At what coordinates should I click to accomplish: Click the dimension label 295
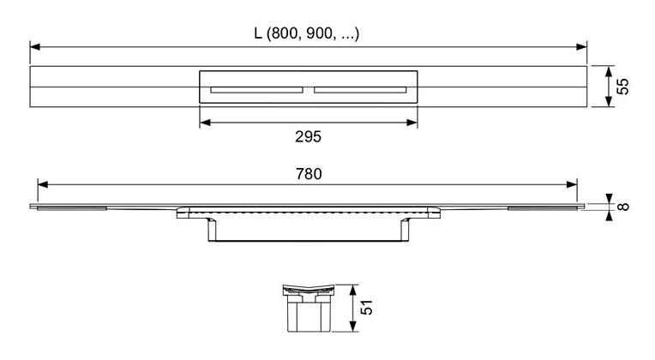pos(308,137)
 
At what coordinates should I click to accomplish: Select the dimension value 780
pos(309,174)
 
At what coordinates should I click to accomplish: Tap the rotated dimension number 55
pos(622,87)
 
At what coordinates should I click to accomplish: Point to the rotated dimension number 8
pos(622,207)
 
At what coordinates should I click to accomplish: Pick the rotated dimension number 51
pos(366,307)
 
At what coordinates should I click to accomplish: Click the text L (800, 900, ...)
pos(307,33)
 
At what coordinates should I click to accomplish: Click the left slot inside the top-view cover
pos(256,90)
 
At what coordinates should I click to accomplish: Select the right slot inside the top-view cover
pos(360,90)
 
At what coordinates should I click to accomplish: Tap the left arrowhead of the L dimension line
pos(35,47)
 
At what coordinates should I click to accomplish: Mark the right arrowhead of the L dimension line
pos(581,47)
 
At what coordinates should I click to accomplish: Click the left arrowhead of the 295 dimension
pos(205,123)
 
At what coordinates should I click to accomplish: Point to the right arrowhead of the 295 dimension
pos(412,123)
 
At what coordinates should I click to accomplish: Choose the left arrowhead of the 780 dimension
pos(43,184)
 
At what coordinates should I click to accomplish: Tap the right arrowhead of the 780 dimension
pos(572,184)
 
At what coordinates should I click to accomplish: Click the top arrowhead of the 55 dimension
pos(609,71)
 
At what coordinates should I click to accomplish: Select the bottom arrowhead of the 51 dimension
pos(353,327)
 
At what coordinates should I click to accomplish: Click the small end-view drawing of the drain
pos(309,309)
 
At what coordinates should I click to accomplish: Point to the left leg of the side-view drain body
pos(213,229)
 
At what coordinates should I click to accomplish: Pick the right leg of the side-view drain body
pos(405,229)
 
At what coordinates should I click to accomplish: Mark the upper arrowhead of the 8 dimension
pos(609,199)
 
